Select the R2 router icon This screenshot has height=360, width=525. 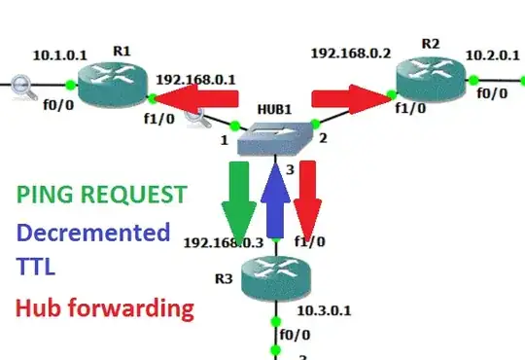431,71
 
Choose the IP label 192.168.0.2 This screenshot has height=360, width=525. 350,52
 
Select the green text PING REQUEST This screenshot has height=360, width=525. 100,194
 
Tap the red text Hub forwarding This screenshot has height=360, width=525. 104,309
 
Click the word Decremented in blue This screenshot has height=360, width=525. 92,233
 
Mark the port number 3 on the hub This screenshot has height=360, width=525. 288,171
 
